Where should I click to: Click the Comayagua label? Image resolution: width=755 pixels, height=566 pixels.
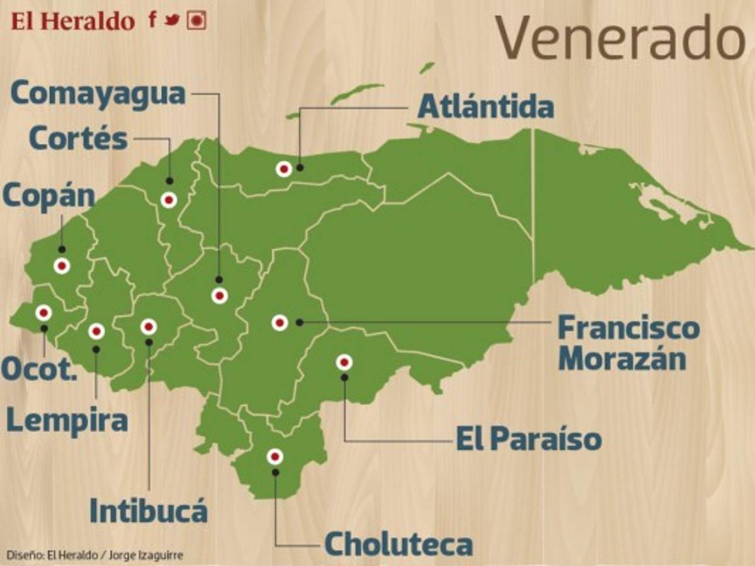pos(98,94)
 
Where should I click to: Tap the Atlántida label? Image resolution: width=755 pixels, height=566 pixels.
pos(485,108)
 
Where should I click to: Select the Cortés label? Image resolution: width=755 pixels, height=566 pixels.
pos(78,139)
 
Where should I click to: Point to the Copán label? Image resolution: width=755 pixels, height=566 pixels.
pos(48,196)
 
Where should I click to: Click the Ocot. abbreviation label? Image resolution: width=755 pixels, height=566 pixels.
pos(38,369)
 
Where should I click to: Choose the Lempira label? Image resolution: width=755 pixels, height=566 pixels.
pos(67,421)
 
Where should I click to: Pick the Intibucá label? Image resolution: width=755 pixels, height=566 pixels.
pos(148,511)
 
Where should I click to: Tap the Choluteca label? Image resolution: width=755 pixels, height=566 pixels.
pos(398,545)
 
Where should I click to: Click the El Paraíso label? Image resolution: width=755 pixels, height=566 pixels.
pos(528,439)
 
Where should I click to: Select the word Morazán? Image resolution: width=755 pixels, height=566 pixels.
pos(622,359)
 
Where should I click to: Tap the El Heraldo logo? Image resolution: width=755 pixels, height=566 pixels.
pos(73,21)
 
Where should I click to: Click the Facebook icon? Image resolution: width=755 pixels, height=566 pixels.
pos(152,19)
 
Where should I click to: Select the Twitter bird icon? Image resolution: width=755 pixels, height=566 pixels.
pos(172,20)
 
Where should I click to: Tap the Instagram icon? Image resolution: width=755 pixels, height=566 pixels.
pos(197,20)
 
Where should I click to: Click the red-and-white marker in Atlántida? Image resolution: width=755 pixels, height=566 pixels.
pos(284,169)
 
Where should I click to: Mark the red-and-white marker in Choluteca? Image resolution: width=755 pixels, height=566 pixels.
pos(275,457)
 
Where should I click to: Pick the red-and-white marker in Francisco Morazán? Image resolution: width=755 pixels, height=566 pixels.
pos(280,323)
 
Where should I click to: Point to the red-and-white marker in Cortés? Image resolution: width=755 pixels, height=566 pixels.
pos(168,200)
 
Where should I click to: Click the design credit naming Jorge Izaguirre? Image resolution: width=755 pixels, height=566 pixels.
pos(94,555)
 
